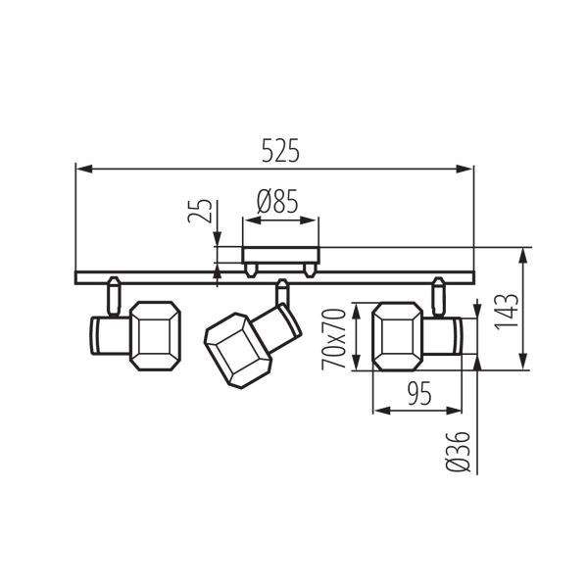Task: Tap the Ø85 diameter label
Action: [x=277, y=203]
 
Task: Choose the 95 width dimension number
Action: [x=418, y=394]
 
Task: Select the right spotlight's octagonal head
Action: [x=400, y=335]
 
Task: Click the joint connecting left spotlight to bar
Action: [x=113, y=295]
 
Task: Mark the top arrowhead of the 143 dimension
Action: [x=524, y=254]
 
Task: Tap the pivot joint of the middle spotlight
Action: [x=282, y=293]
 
